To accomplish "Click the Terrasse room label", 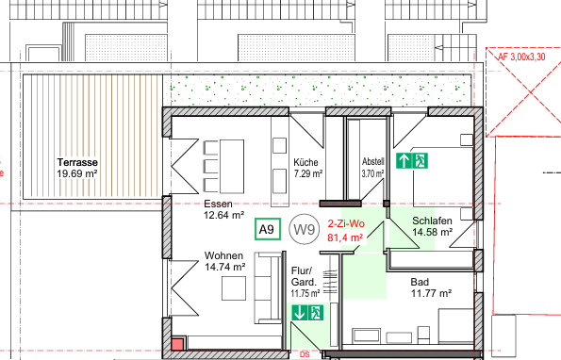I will click(x=77, y=162).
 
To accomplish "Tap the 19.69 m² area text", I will click(x=77, y=173).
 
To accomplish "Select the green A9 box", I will click(x=267, y=229).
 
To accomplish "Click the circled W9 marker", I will click(x=302, y=228).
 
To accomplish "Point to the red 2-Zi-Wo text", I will click(x=345, y=224).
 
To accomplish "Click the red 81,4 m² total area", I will click(x=345, y=237).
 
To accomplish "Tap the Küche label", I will click(x=305, y=161).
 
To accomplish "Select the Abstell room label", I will click(x=373, y=160).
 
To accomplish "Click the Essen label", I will click(x=218, y=204).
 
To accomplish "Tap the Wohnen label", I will click(x=224, y=255).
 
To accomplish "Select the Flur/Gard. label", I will click(x=302, y=275).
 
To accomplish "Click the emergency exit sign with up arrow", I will click(x=412, y=161).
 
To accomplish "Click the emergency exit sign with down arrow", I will click(x=307, y=312).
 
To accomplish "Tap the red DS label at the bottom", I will click(x=305, y=355).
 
